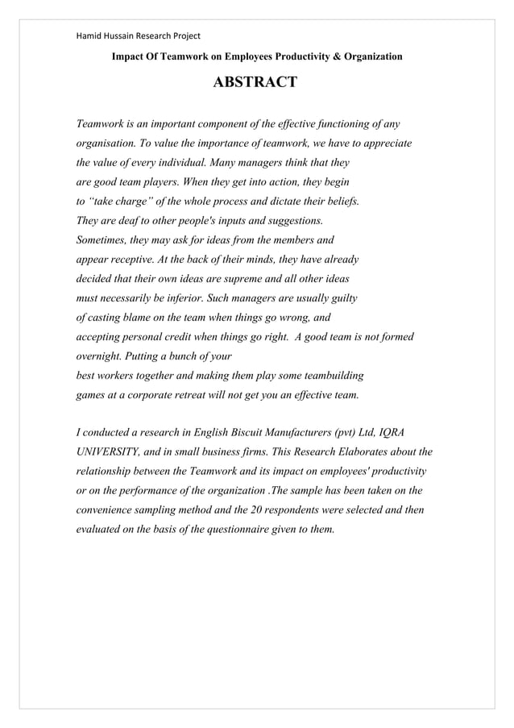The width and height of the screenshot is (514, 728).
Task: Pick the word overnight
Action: pos(101,356)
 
